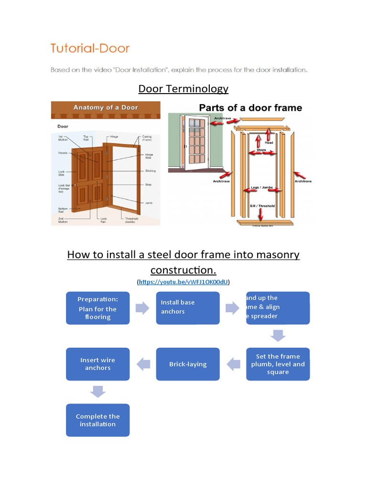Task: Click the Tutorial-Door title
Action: (90, 48)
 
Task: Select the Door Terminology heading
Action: (183, 89)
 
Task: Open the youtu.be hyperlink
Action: (183, 282)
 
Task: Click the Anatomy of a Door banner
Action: (106, 108)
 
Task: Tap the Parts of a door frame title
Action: (250, 107)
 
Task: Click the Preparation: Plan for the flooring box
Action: (97, 308)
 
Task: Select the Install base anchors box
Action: (188, 308)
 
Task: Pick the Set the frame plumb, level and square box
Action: (278, 364)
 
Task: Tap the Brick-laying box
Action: (188, 364)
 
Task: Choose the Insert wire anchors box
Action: (97, 364)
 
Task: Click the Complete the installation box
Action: (97, 420)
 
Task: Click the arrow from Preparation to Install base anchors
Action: (143, 308)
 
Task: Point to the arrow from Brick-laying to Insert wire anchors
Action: (143, 364)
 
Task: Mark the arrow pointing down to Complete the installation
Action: (97, 392)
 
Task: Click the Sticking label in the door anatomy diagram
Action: (150, 171)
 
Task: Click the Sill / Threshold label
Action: (262, 206)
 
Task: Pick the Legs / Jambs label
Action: (262, 188)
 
